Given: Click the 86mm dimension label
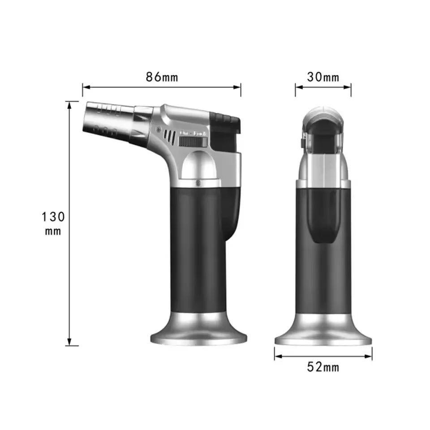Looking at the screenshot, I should [x=162, y=77].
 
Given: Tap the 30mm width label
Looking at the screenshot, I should [x=322, y=77].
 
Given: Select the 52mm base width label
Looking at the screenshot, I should [x=323, y=368].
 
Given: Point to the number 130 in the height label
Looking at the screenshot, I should [x=53, y=217].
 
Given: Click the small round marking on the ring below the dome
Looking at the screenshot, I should [x=198, y=182].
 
